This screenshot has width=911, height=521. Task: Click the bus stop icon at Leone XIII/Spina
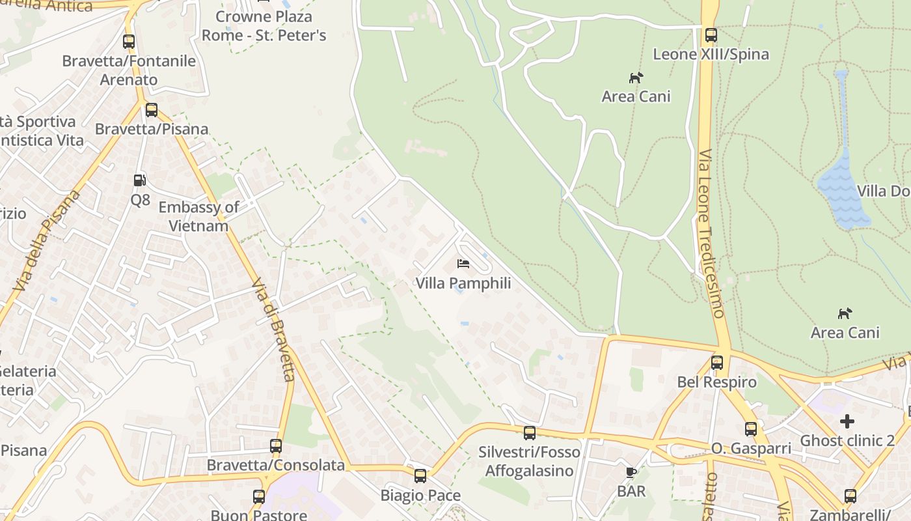point(711,35)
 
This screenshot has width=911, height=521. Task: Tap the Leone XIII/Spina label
point(711,54)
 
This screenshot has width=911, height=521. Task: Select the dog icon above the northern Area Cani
point(636,78)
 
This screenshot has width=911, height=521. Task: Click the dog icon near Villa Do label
point(845,314)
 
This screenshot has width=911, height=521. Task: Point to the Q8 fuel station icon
point(140,180)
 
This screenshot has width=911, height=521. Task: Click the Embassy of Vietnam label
point(198,217)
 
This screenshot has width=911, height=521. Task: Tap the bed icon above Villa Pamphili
point(463,264)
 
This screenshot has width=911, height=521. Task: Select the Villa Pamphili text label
point(463,283)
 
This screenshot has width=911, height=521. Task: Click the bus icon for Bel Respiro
point(717,363)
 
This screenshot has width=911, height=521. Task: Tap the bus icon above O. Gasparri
point(751,429)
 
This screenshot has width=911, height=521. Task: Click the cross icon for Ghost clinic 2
point(847,421)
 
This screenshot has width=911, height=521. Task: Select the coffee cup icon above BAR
point(631,472)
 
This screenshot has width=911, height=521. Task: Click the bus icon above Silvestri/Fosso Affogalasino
point(530,432)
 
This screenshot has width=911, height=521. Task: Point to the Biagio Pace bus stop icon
point(420,476)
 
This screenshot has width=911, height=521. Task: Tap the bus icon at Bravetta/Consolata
point(276,446)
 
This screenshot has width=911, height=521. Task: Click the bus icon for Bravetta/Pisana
point(152,110)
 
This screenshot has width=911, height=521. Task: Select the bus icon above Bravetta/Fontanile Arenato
point(129,42)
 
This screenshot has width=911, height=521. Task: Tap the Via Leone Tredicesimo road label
point(712,234)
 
